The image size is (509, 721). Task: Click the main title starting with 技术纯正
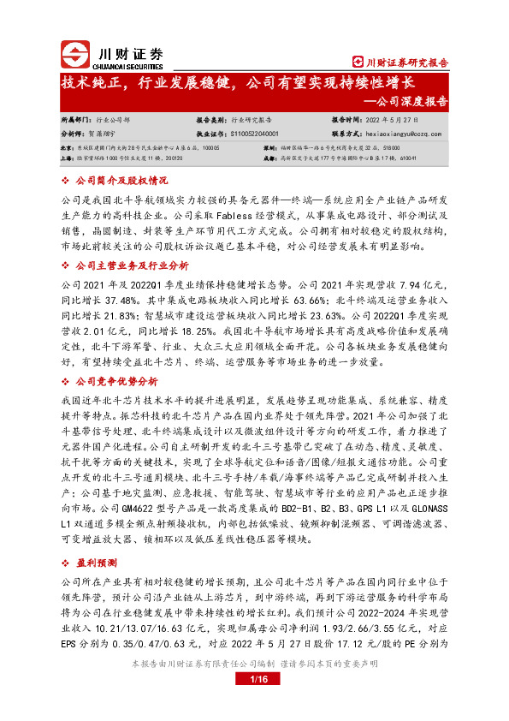pos(237,83)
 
